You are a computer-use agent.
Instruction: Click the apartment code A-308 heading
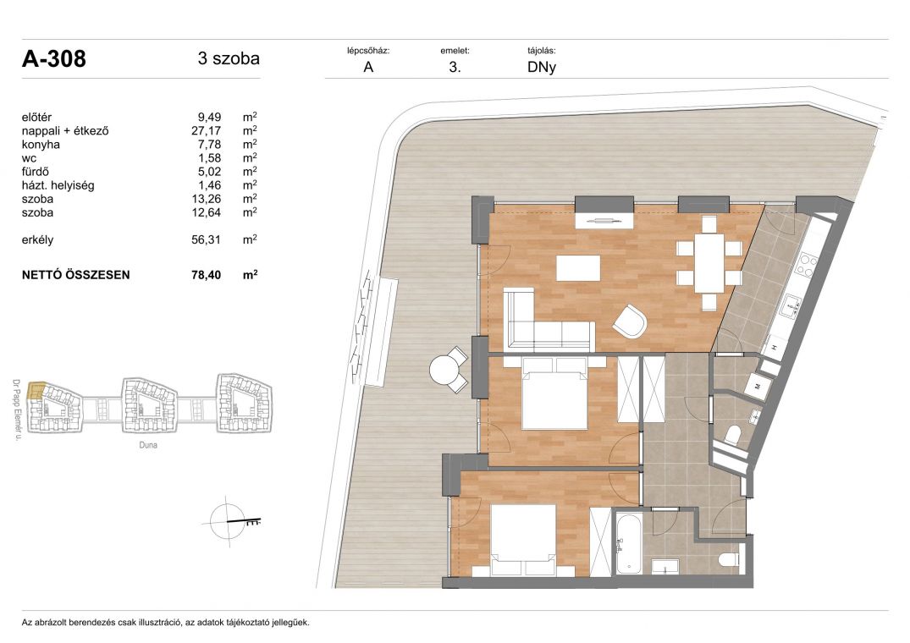pyautogui.click(x=54, y=59)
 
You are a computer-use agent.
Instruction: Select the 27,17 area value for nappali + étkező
pyautogui.click(x=206, y=131)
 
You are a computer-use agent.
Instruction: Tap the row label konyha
pyautogui.click(x=41, y=145)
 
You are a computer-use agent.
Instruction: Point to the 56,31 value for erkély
pyautogui.click(x=206, y=240)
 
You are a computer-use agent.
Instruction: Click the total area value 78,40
pyautogui.click(x=206, y=275)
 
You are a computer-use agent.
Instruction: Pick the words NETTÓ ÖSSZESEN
pyautogui.click(x=76, y=275)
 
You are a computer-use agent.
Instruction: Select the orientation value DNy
pyautogui.click(x=542, y=67)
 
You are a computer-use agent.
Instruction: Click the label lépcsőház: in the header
pyautogui.click(x=368, y=51)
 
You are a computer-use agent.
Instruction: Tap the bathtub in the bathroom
pyautogui.click(x=627, y=543)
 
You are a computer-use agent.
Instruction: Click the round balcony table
pyautogui.click(x=444, y=370)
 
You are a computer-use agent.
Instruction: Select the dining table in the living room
pyautogui.click(x=709, y=262)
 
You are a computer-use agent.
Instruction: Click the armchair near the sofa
pyautogui.click(x=630, y=321)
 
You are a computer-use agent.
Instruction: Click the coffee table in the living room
pyautogui.click(x=578, y=268)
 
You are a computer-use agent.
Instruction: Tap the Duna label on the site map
pyautogui.click(x=148, y=445)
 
